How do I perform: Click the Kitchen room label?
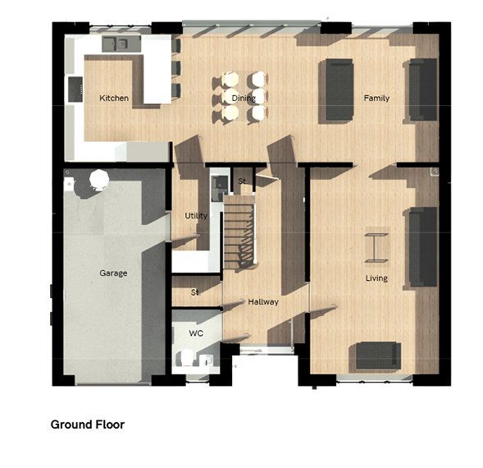coord(114,98)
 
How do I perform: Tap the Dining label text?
coord(244,99)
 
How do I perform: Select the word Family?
coord(376,98)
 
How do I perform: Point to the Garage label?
coord(113,273)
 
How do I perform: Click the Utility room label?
coord(196,216)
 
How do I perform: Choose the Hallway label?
coord(263,301)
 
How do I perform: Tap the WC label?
coord(196,333)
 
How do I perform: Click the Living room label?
coord(376,278)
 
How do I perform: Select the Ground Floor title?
coord(88,424)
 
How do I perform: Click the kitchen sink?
coord(121,44)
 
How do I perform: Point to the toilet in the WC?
coord(186,358)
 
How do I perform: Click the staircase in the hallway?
coord(239,232)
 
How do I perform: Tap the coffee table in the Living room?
coord(376,248)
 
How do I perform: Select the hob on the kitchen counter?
coord(75,89)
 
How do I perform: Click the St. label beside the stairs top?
coord(243,181)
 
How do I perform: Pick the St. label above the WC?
coord(195,292)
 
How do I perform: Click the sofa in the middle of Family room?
coord(339,89)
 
